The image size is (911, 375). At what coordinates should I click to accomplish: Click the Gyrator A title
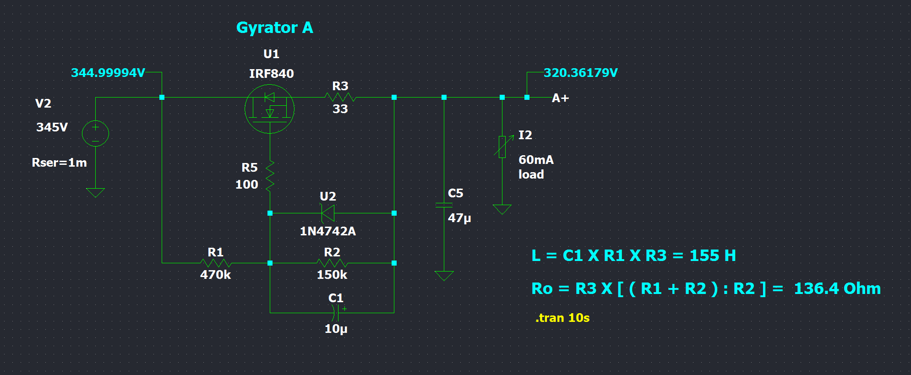click(274, 28)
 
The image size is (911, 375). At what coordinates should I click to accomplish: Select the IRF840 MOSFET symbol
click(269, 109)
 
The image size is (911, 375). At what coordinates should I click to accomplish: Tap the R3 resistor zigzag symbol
click(340, 97)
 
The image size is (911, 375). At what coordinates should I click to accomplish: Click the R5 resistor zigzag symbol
click(270, 175)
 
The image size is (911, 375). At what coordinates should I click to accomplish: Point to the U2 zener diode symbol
click(328, 213)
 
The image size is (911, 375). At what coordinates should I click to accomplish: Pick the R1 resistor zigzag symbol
click(216, 263)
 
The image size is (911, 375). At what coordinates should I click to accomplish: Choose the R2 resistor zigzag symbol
click(332, 263)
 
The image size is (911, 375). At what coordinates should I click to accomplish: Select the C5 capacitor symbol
click(444, 205)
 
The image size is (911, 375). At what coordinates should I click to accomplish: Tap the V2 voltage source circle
click(95, 133)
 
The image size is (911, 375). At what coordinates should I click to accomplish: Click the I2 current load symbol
click(502, 147)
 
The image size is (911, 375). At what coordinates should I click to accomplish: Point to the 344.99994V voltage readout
click(108, 73)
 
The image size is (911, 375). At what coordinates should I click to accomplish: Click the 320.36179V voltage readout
click(581, 73)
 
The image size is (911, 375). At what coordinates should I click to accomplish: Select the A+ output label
click(560, 98)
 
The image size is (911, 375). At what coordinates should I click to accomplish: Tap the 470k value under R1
click(215, 275)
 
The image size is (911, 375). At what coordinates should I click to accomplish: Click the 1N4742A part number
click(327, 231)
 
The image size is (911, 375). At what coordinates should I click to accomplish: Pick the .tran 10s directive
click(562, 318)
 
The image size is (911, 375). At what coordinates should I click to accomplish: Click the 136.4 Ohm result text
click(837, 288)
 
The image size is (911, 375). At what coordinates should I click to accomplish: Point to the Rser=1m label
click(59, 163)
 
